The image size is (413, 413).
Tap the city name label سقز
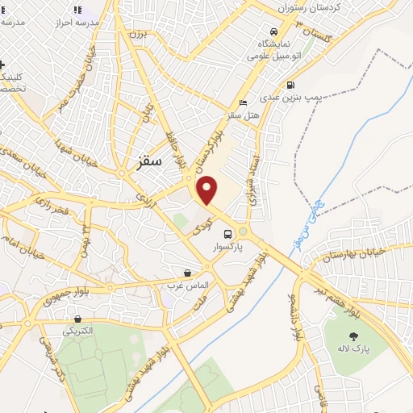point(145,161)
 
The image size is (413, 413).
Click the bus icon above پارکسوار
point(227,234)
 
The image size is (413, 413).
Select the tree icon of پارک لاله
point(353,335)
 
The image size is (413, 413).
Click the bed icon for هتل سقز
point(244,102)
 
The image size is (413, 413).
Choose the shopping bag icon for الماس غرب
point(187,273)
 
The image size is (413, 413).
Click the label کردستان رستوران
point(309,6)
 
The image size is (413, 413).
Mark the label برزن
point(138,36)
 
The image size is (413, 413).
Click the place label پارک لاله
point(352,349)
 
